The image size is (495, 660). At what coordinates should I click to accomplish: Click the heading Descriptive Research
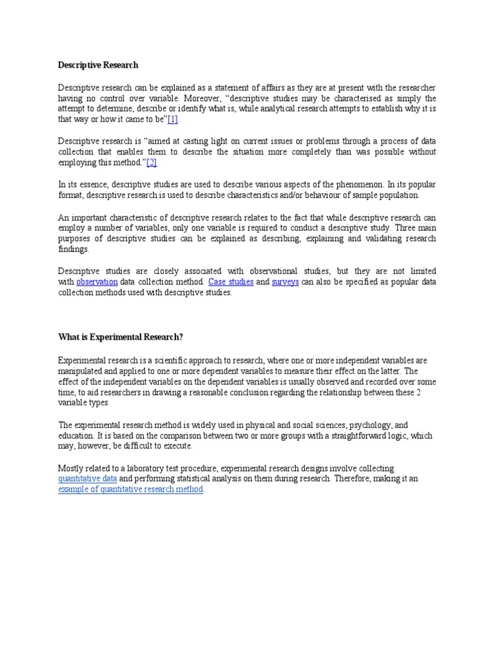coord(98,65)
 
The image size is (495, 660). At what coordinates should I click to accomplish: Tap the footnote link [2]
coord(151,162)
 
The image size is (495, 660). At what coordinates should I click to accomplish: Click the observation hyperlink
coord(97,282)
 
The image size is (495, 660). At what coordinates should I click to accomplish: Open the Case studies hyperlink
coord(231,282)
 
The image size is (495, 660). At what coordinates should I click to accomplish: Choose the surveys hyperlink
coord(285,282)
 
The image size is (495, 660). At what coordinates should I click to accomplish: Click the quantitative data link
coord(88,480)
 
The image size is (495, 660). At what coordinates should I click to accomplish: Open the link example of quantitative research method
coord(131,490)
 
